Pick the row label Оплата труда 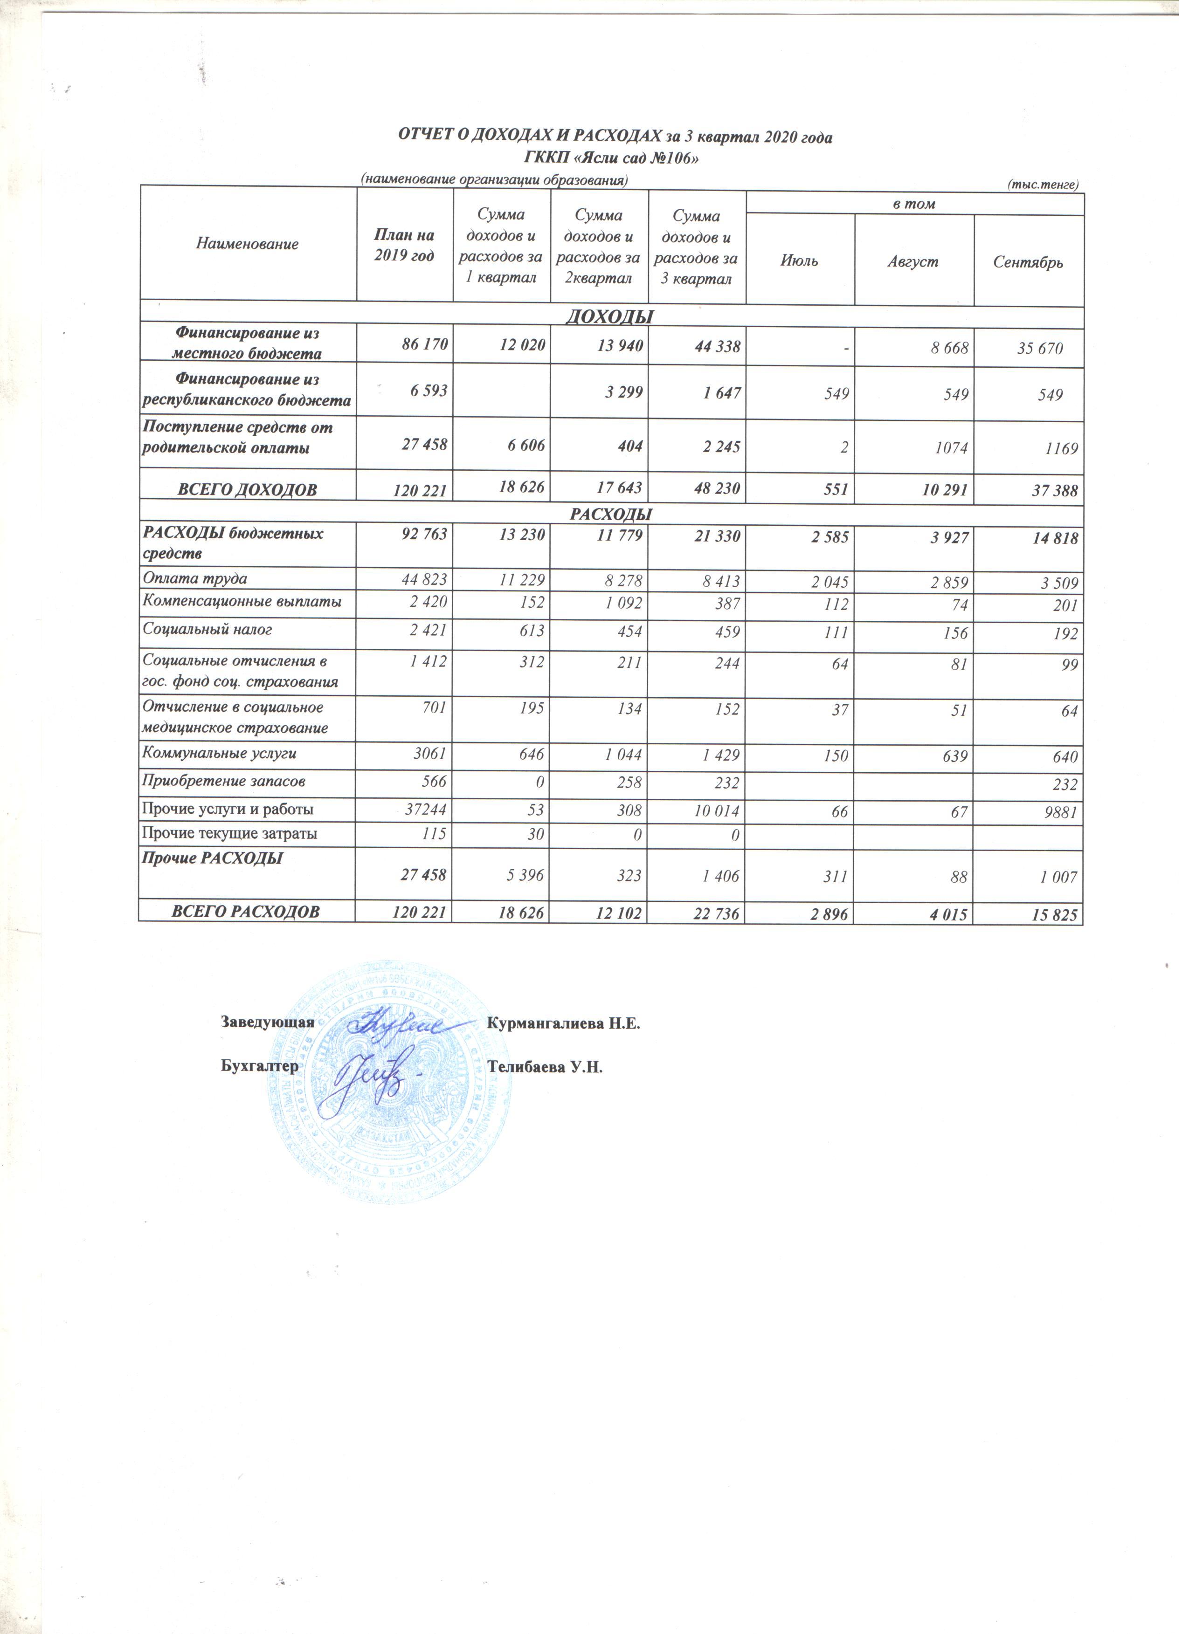tap(195, 578)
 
